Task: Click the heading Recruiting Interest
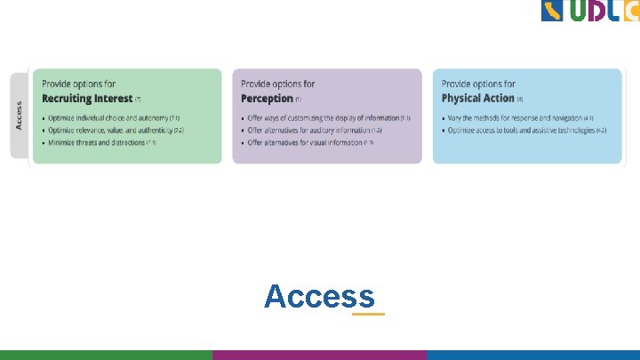click(x=87, y=99)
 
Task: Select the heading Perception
click(x=267, y=99)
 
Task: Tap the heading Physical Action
click(x=477, y=99)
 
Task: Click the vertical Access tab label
click(x=20, y=116)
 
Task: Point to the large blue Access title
click(x=319, y=296)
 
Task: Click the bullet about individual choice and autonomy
click(x=110, y=118)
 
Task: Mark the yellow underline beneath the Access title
click(x=368, y=314)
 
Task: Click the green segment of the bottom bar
click(x=106, y=355)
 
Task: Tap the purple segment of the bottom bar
click(x=319, y=355)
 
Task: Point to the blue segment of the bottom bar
click(x=532, y=355)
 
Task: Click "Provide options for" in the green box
click(x=78, y=84)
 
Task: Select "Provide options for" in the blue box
click(x=478, y=84)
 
